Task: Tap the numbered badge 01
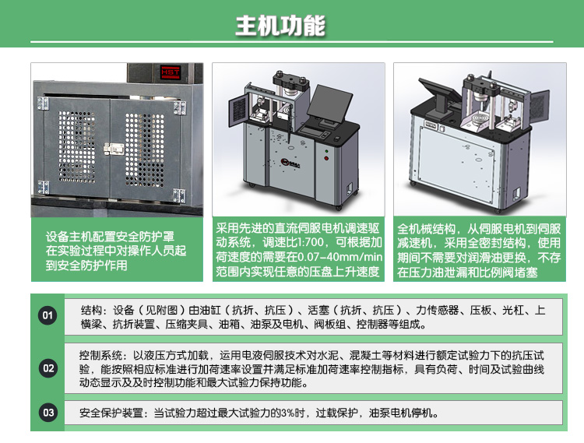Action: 48,315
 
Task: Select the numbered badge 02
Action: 48,368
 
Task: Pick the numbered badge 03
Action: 48,413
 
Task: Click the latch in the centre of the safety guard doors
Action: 116,147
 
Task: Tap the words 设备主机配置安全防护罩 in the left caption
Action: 109,237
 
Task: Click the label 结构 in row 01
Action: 91,309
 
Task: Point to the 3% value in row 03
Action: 286,413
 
